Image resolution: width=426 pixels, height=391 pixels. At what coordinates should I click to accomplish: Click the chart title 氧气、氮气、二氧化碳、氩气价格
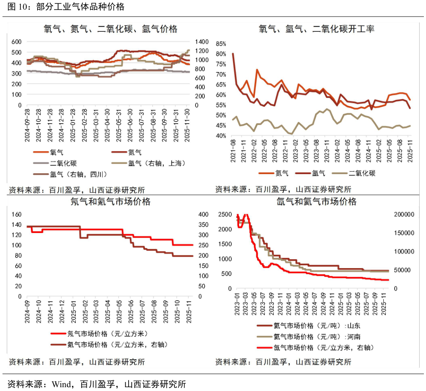(x=110, y=29)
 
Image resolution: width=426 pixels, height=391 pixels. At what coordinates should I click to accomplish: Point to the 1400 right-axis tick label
(x=202, y=42)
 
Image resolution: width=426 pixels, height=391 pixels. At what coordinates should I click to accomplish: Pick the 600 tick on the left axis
(x=16, y=42)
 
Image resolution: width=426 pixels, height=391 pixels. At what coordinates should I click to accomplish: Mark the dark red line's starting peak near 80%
(x=233, y=54)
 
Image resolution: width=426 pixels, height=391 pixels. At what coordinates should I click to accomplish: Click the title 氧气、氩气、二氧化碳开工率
(x=316, y=29)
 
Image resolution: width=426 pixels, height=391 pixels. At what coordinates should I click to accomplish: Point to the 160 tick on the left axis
(x=16, y=215)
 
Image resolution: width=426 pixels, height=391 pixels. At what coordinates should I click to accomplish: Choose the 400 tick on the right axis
(x=203, y=215)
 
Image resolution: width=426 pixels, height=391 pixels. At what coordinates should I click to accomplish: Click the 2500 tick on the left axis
(x=225, y=215)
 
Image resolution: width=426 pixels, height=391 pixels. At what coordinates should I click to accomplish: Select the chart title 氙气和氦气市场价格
(x=316, y=202)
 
